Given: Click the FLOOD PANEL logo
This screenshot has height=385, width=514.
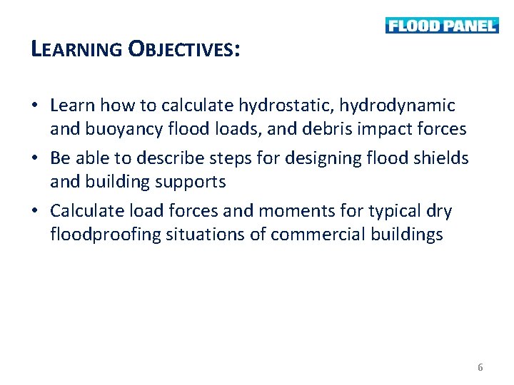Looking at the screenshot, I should (x=442, y=26).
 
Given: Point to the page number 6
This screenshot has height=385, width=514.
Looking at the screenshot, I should (x=480, y=367).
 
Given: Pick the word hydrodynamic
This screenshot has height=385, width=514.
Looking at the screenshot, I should (x=397, y=106).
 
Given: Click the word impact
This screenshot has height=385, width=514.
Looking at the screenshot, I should (x=385, y=130).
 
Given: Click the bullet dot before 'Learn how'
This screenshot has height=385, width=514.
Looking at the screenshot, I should (x=35, y=106).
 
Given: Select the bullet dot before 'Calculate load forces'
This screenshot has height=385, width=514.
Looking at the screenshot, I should (x=35, y=212).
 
